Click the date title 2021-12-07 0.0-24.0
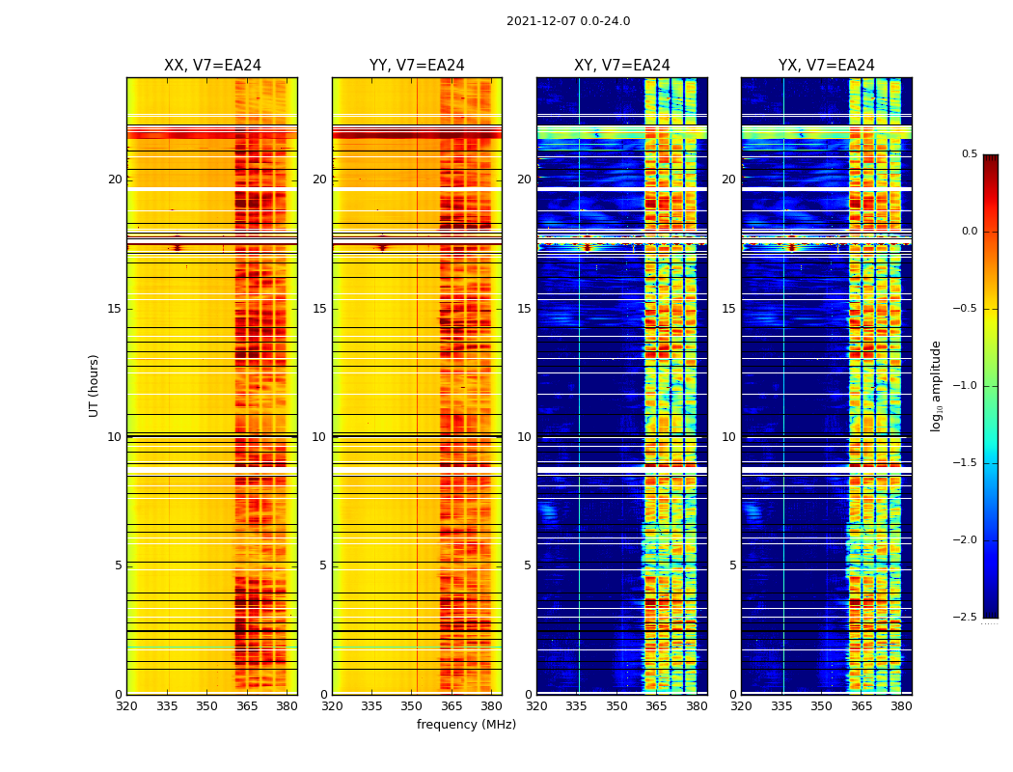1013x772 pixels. (x=568, y=21)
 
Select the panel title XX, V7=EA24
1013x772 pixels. (x=212, y=66)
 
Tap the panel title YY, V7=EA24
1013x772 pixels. (x=417, y=66)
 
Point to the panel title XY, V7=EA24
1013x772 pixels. (x=622, y=66)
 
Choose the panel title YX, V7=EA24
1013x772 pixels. (x=827, y=66)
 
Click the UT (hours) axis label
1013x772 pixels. (x=95, y=385)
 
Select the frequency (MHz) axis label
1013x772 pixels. (x=466, y=725)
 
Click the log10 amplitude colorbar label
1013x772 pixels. (x=935, y=385)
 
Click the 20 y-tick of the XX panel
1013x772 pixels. (x=115, y=179)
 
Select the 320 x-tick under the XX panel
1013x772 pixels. (x=126, y=706)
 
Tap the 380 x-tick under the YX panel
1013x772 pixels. (x=901, y=706)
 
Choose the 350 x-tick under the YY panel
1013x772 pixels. (x=412, y=706)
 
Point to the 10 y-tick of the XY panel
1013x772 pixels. (x=524, y=437)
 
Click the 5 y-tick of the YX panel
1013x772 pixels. (x=732, y=565)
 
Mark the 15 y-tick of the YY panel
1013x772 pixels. (x=319, y=309)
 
